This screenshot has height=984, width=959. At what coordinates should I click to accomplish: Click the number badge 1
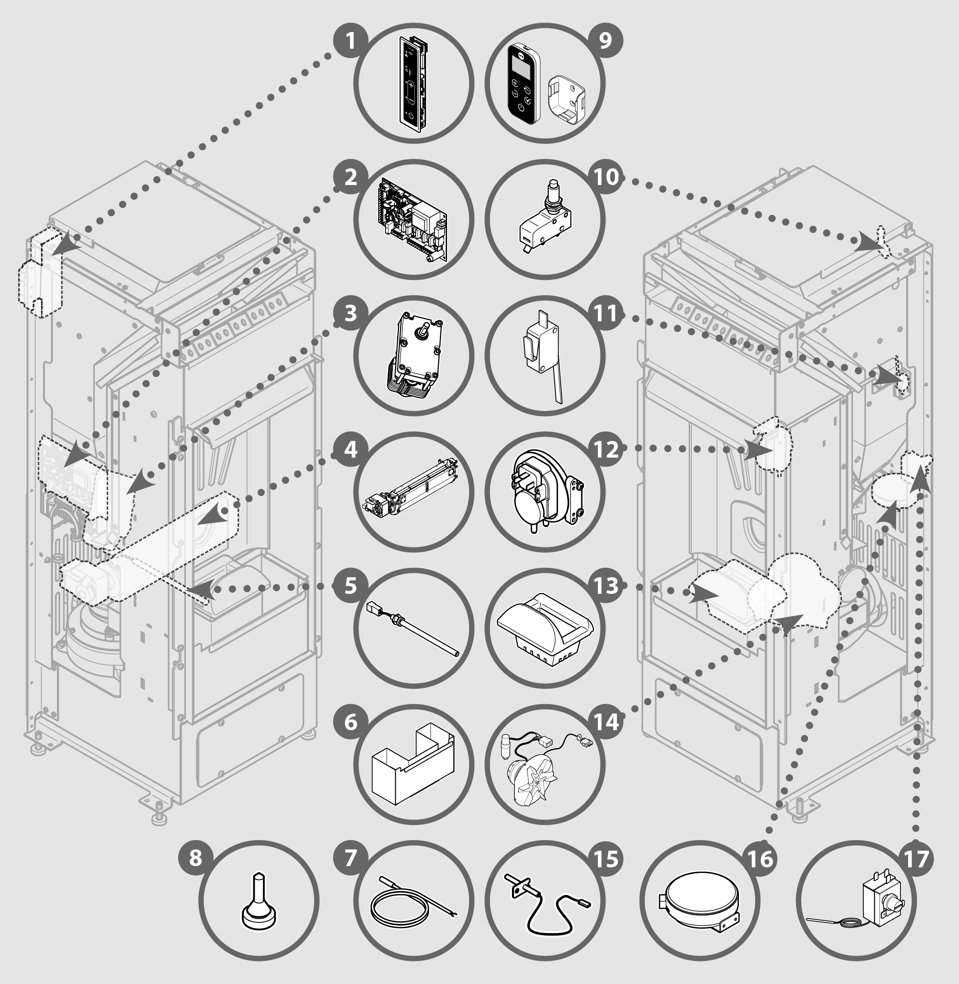click(x=350, y=40)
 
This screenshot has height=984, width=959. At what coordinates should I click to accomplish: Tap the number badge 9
click(x=606, y=40)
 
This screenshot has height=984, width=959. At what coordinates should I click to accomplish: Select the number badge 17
click(x=916, y=858)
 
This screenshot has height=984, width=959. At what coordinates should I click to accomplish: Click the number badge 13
click(x=606, y=585)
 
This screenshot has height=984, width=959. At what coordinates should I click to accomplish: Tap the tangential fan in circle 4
click(x=411, y=491)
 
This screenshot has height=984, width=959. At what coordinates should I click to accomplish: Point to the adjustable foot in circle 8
click(x=259, y=902)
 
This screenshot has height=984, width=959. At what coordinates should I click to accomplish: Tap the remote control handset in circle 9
click(x=522, y=83)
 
